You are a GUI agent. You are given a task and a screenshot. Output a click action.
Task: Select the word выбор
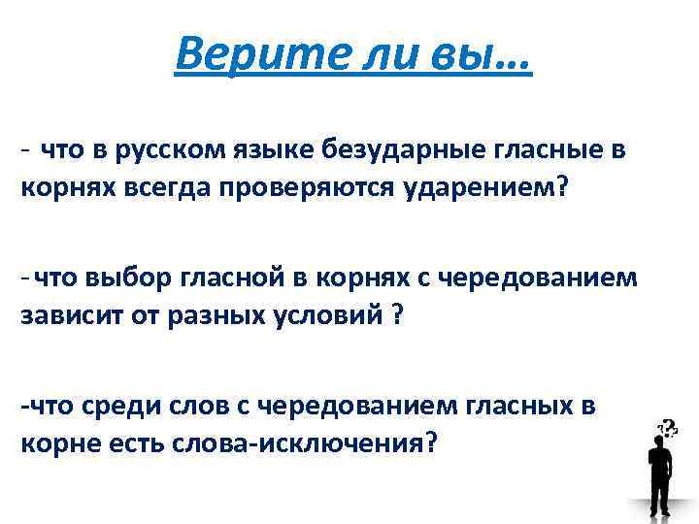[123, 278]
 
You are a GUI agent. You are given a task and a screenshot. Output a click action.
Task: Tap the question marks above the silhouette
[668, 425]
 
